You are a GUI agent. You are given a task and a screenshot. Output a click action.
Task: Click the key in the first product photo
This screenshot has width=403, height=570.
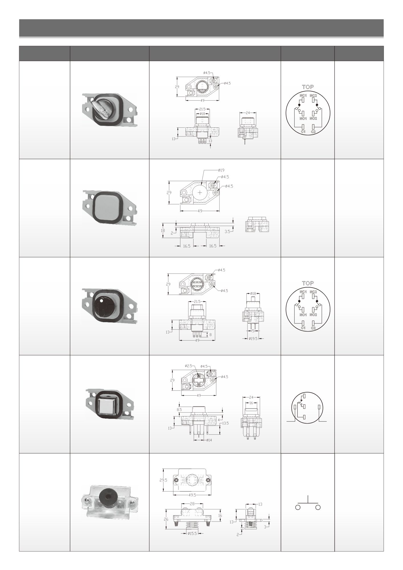(x=101, y=110)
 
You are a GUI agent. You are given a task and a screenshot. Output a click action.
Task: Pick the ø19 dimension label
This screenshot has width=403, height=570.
(x=221, y=170)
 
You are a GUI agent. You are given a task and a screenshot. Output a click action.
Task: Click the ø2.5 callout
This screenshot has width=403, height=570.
(x=189, y=365)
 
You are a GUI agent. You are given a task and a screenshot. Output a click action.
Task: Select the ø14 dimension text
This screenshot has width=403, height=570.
(x=209, y=440)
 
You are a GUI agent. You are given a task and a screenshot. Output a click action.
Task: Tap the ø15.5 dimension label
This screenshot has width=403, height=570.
(x=192, y=533)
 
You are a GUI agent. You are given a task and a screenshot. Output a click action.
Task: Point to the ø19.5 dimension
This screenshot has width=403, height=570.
(x=253, y=339)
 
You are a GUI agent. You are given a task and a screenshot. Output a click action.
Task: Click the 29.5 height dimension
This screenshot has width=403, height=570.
(x=163, y=480)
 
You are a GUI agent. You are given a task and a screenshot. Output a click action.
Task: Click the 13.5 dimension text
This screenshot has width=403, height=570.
(x=225, y=423)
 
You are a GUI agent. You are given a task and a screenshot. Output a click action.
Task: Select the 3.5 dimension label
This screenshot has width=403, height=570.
(x=227, y=232)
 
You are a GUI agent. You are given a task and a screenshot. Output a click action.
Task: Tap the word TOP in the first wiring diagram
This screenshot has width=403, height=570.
(x=308, y=87)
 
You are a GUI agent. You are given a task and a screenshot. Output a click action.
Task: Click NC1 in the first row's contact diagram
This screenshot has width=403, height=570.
(x=303, y=96)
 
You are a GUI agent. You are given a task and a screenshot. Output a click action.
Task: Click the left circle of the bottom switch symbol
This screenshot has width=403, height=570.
(x=298, y=507)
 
